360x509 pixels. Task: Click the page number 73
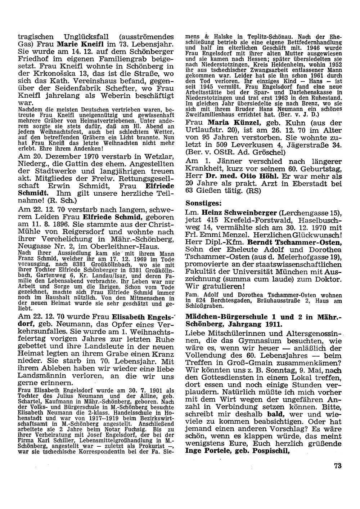tap(337, 466)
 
